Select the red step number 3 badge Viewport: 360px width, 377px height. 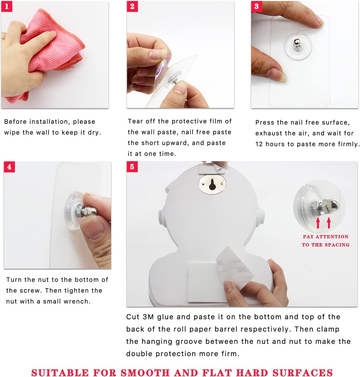tap(256, 6)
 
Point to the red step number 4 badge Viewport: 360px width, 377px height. tap(9, 167)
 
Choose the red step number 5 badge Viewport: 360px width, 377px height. tap(132, 167)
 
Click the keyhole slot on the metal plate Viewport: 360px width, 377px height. tap(212, 184)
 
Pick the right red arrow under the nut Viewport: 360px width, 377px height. tap(329, 222)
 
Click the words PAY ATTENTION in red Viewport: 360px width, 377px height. tap(325, 237)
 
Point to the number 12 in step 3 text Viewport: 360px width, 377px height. tap(260, 144)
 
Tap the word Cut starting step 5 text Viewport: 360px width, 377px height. tap(133, 317)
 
